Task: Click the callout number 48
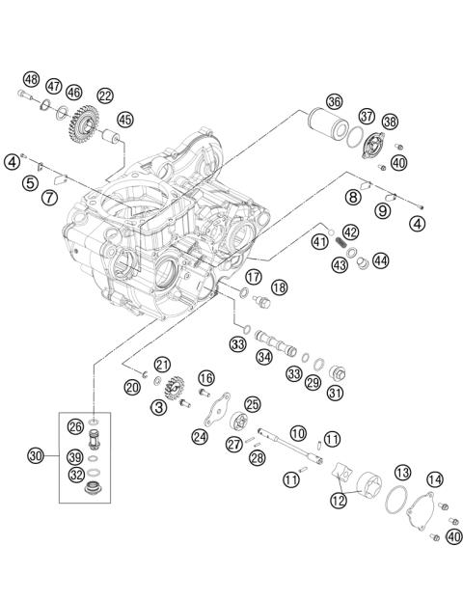coord(31,79)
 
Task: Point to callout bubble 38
coord(390,123)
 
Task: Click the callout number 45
coord(125,119)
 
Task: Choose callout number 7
coord(47,198)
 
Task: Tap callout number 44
coord(381,259)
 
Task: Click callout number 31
coord(336,393)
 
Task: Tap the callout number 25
coord(252,404)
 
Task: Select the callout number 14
coord(435,478)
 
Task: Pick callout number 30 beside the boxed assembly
coord(36,455)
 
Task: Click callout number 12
coord(338,500)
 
